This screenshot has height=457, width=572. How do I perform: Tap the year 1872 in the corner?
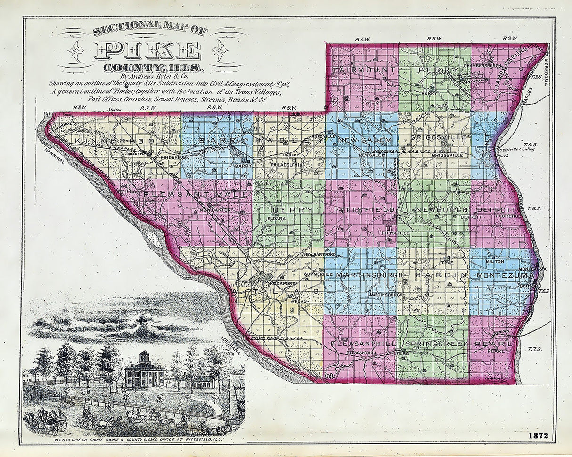pos(538,435)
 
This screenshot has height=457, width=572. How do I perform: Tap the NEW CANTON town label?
pos(215,210)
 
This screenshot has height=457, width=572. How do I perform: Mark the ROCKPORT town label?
pos(283,284)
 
